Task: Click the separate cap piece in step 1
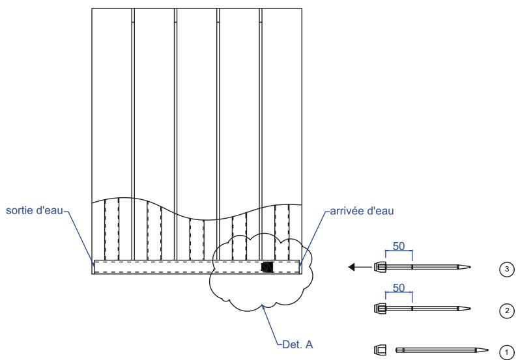[x=379, y=350]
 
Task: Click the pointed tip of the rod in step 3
[x=468, y=266]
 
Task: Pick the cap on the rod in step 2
[x=379, y=308]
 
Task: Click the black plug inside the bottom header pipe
[x=266, y=267]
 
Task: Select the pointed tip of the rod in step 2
[x=468, y=308]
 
